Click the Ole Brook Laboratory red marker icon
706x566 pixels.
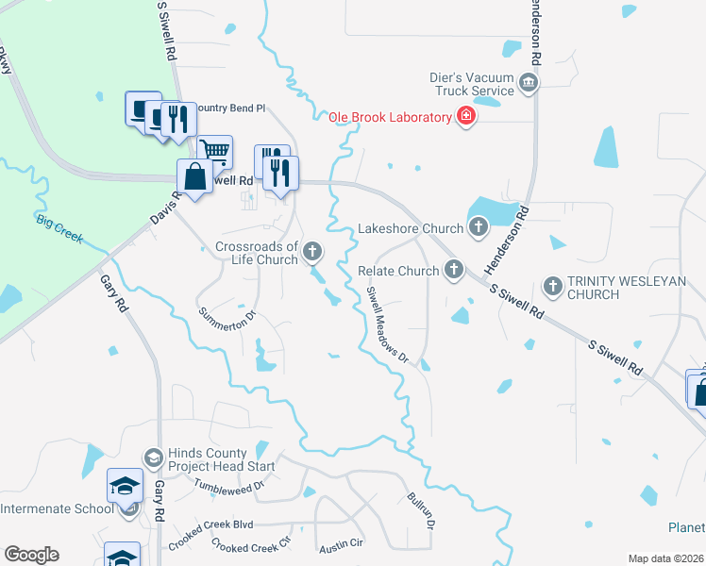click(x=465, y=117)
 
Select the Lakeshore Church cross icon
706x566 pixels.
click(x=479, y=227)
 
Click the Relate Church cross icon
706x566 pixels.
click(x=454, y=271)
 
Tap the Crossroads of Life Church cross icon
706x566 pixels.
click(x=312, y=252)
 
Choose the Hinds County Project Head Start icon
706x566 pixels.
click(x=153, y=458)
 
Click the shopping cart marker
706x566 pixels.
click(x=215, y=150)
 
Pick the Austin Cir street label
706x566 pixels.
click(x=341, y=544)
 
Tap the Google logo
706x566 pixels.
click(x=31, y=555)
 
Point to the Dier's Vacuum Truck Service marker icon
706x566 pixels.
click(x=529, y=84)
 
